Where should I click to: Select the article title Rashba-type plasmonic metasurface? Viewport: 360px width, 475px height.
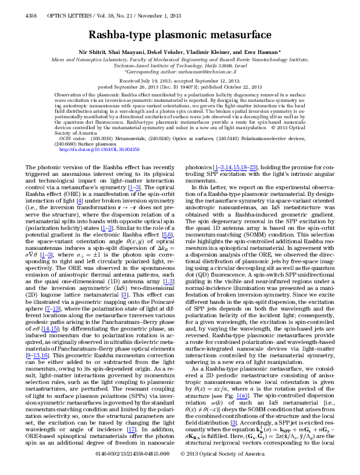(179, 36)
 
